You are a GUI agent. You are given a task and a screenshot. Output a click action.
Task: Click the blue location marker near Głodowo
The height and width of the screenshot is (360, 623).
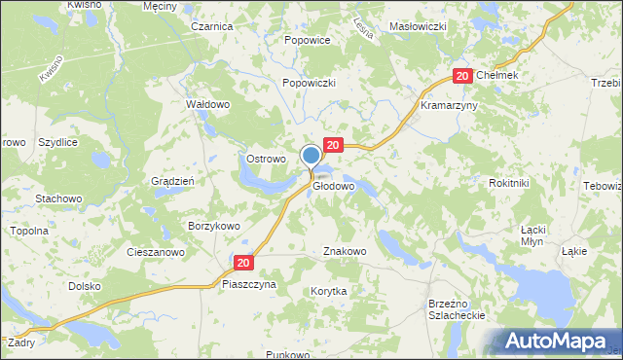click(311, 155)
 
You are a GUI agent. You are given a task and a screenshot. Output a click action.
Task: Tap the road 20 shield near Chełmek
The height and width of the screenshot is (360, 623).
click(462, 76)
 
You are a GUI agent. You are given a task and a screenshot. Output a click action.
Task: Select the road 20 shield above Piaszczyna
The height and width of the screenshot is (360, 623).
click(243, 262)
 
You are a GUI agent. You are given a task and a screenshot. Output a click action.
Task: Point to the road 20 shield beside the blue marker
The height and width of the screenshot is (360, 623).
click(334, 146)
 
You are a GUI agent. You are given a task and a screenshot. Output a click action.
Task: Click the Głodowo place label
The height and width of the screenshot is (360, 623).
click(334, 186)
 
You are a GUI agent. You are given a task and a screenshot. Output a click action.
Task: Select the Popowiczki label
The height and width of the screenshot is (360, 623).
click(310, 84)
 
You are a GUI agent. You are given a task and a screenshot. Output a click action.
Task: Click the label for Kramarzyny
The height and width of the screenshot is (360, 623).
click(449, 105)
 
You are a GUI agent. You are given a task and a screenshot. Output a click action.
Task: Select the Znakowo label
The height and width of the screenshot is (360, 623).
click(345, 251)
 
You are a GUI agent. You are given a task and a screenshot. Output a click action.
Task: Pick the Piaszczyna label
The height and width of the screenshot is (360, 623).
click(249, 284)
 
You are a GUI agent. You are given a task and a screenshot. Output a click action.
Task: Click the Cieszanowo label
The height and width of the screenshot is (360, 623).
click(156, 251)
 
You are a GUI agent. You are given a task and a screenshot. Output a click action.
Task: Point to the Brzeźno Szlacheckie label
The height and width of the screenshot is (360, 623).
click(457, 310)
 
